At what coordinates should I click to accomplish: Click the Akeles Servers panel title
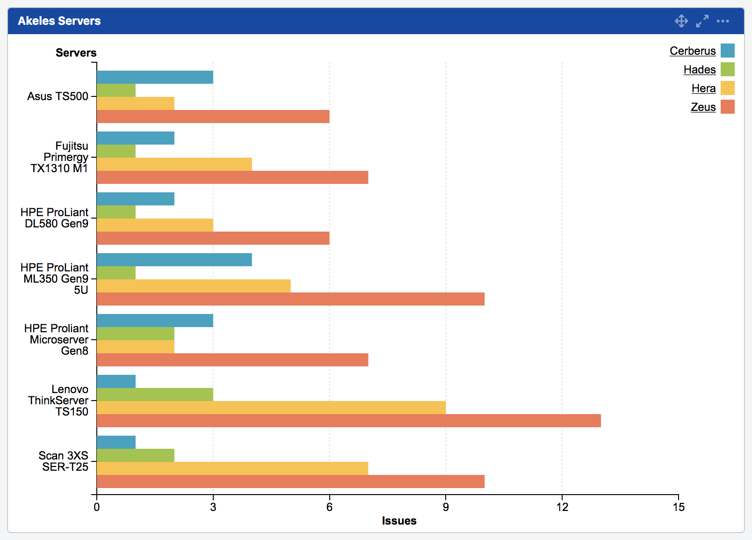(x=59, y=21)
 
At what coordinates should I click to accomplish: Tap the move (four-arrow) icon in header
(x=681, y=21)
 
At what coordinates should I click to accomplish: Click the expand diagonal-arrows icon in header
(x=702, y=21)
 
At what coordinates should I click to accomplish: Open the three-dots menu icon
(x=723, y=21)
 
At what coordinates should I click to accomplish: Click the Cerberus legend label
(x=692, y=51)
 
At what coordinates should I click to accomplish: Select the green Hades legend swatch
(x=727, y=69)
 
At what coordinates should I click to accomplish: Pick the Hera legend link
(x=703, y=88)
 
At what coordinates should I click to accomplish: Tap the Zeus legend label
(x=703, y=107)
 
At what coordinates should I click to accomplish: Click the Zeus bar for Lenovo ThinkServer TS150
(x=348, y=421)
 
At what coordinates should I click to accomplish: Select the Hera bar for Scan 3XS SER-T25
(x=232, y=468)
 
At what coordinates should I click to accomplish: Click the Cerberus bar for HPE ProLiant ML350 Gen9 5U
(x=174, y=260)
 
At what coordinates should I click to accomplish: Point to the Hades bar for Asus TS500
(x=116, y=90)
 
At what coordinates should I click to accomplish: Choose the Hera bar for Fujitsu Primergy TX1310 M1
(x=174, y=164)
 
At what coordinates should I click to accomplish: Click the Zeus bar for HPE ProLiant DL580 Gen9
(x=213, y=238)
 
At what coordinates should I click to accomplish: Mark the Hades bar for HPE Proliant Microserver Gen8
(x=135, y=334)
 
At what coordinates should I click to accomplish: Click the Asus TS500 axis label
(x=58, y=96)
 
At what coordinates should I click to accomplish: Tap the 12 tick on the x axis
(x=562, y=507)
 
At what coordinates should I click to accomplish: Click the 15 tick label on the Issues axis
(x=678, y=507)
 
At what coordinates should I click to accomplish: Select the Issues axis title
(x=399, y=521)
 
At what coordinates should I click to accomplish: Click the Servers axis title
(x=76, y=53)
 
